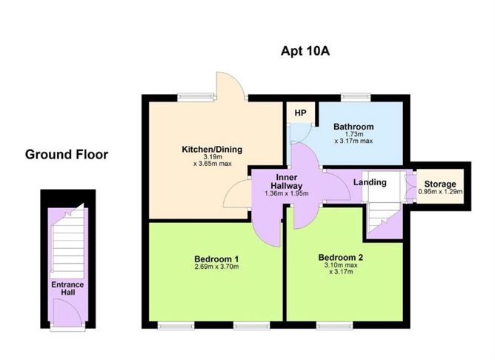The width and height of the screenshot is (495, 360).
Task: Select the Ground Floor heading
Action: click(x=67, y=155)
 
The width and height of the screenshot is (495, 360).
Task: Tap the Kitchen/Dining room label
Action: click(x=212, y=150)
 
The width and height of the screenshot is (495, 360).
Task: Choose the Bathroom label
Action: click(x=353, y=127)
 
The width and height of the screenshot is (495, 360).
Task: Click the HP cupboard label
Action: click(x=300, y=113)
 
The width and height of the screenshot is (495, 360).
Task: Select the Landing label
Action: click(x=370, y=182)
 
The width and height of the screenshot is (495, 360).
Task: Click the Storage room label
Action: click(x=439, y=184)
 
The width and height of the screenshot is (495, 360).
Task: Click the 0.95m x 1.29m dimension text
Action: click(x=439, y=192)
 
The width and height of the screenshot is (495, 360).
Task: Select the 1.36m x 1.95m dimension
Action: click(x=287, y=194)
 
